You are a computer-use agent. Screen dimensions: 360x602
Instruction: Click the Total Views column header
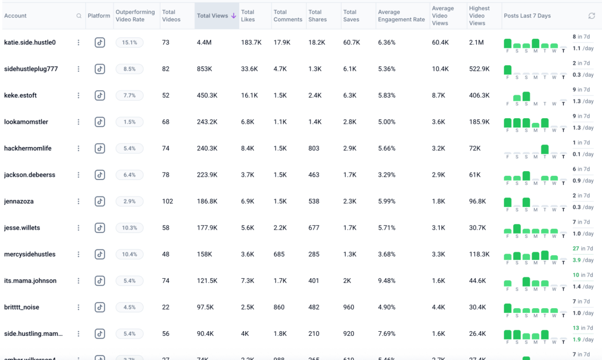click(215, 16)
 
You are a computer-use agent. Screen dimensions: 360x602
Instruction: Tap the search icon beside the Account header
click(79, 16)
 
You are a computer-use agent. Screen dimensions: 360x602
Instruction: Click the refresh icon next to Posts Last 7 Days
click(591, 16)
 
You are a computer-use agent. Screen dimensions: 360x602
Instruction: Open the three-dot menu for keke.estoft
click(78, 95)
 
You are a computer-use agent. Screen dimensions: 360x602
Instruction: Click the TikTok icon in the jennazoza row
click(100, 201)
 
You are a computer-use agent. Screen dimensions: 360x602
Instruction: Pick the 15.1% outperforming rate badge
click(129, 42)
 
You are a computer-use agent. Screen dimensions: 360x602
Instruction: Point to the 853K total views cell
click(205, 69)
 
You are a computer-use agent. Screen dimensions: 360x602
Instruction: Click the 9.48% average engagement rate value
click(387, 281)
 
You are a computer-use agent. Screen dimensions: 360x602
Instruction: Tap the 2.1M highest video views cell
click(476, 42)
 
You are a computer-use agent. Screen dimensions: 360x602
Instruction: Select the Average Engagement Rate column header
click(402, 16)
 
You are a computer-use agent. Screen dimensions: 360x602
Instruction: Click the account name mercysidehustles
click(30, 254)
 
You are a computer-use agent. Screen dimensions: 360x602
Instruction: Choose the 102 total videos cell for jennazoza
click(168, 201)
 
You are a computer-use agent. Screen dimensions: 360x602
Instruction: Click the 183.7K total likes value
click(250, 42)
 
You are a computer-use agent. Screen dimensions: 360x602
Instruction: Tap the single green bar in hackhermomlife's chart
click(545, 149)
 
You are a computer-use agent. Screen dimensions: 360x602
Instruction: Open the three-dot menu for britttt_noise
click(78, 307)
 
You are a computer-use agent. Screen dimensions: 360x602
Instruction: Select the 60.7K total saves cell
click(352, 42)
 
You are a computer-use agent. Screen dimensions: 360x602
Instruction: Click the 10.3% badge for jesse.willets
click(129, 228)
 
